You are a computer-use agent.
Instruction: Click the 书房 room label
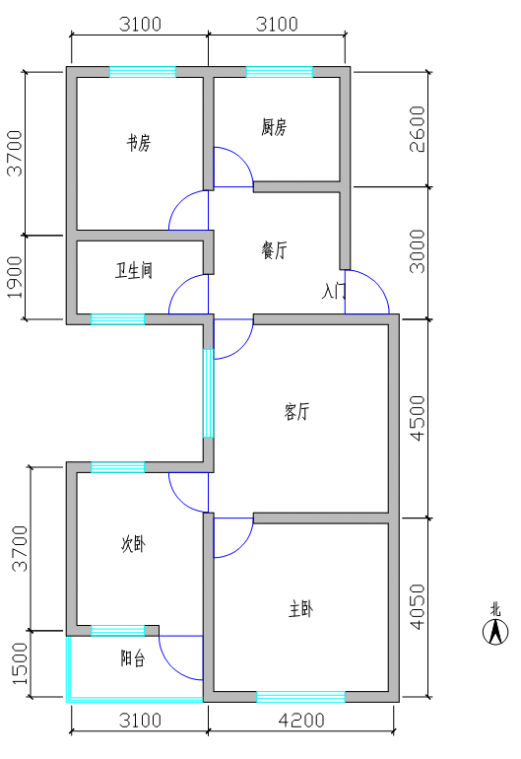tap(138, 143)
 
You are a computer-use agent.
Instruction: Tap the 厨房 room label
tap(274, 127)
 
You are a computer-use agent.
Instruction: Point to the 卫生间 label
tap(134, 270)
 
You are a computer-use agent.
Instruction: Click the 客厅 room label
tap(295, 412)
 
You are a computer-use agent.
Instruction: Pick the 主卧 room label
tap(300, 610)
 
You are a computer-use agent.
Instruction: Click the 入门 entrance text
tap(334, 292)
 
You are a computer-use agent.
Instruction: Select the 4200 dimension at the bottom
tap(300, 720)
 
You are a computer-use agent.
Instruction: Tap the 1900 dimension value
tap(14, 277)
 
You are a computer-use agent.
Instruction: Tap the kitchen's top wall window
tap(279, 72)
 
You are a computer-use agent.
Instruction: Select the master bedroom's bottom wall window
tap(300, 697)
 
